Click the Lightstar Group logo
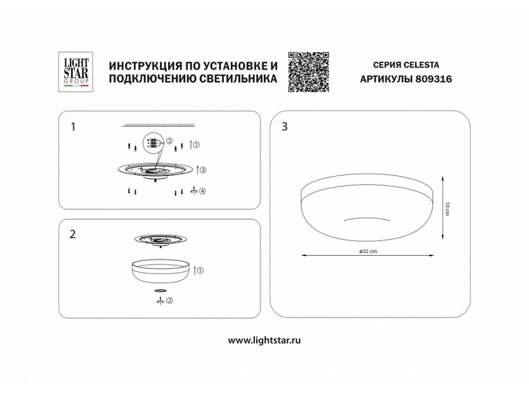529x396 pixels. point(76,72)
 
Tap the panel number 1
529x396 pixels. point(72,126)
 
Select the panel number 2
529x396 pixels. point(72,234)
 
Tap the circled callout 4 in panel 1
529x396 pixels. point(203,191)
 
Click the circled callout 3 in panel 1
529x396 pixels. point(203,170)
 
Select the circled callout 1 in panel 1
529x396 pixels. point(197,145)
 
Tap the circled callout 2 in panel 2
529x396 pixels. point(169,301)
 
